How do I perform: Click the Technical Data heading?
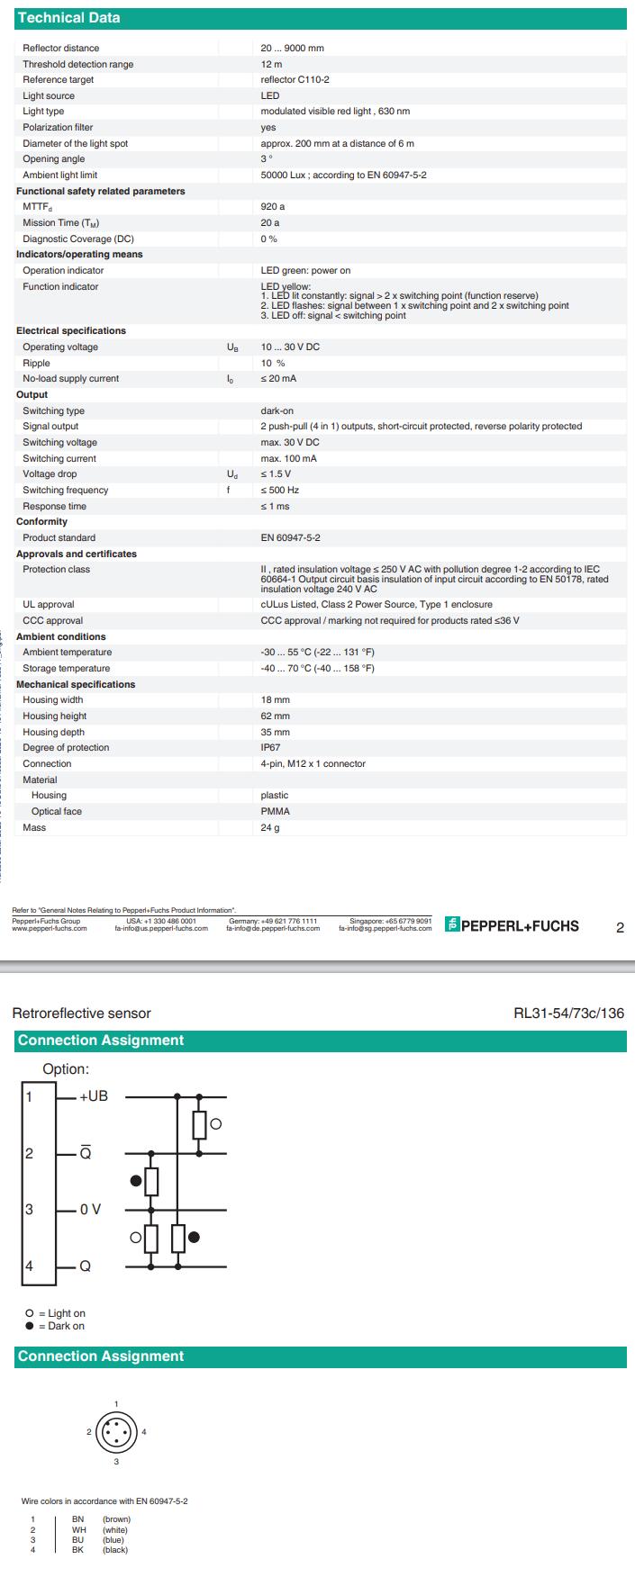[68, 18]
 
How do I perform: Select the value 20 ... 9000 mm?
[292, 48]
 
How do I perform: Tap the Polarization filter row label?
[58, 128]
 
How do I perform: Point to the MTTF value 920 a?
[272, 207]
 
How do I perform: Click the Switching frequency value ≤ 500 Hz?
[280, 491]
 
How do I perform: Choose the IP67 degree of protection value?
[270, 748]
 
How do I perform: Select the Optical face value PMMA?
[275, 812]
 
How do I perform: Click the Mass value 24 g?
[270, 828]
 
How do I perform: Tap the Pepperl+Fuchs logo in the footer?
[513, 925]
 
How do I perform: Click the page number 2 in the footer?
[620, 928]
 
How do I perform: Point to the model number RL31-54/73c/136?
[568, 1014]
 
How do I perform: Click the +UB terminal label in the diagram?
[94, 1096]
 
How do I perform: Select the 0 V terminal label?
[90, 1209]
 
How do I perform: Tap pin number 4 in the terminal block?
[29, 1266]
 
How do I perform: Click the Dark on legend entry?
[60, 1326]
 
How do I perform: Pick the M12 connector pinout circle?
[116, 1431]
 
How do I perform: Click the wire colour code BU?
[78, 1540]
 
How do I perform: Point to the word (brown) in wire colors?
[116, 1519]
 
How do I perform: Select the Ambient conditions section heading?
[61, 637]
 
